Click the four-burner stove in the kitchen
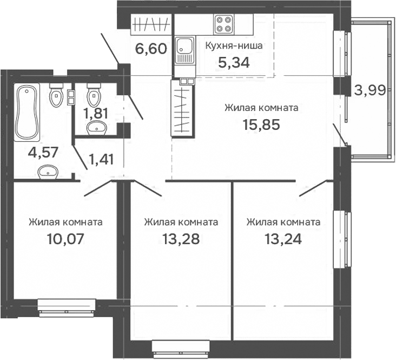pyautogui.click(x=223, y=24)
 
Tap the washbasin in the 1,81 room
pyautogui.click(x=97, y=128)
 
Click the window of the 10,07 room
pyautogui.click(x=65, y=306)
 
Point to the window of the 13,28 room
pyautogui.click(x=181, y=347)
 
